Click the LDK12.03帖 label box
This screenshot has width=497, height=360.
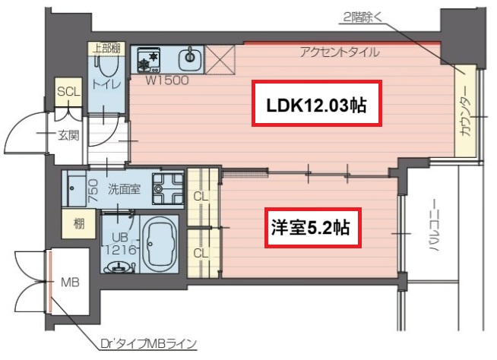pyautogui.click(x=316, y=105)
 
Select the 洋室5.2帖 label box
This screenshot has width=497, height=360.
pyautogui.click(x=312, y=228)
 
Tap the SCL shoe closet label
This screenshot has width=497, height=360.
pyautogui.click(x=68, y=91)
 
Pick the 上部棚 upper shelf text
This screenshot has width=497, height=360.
pyautogui.click(x=106, y=48)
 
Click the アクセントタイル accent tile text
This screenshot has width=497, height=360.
pyautogui.click(x=339, y=52)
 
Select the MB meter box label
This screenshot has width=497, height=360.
pyautogui.click(x=70, y=283)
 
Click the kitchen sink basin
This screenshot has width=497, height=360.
pyautogui.click(x=188, y=57)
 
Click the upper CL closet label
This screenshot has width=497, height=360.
pyautogui.click(x=201, y=196)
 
